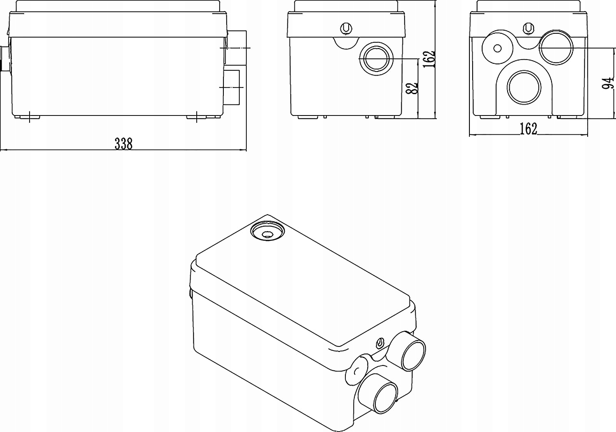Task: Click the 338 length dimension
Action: click(123, 144)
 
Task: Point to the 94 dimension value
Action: click(608, 82)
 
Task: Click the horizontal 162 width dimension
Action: click(528, 129)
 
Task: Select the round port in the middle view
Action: click(377, 58)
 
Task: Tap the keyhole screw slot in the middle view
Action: click(346, 28)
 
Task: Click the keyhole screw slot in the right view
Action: click(529, 28)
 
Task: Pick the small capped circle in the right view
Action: click(497, 48)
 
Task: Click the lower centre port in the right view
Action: click(524, 88)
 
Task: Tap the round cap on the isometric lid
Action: click(267, 231)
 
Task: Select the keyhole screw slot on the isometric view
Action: click(380, 342)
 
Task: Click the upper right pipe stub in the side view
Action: click(236, 48)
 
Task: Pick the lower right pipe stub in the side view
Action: click(232, 87)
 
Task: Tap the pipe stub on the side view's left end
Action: click(5, 58)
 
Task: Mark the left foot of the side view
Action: click(28, 117)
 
